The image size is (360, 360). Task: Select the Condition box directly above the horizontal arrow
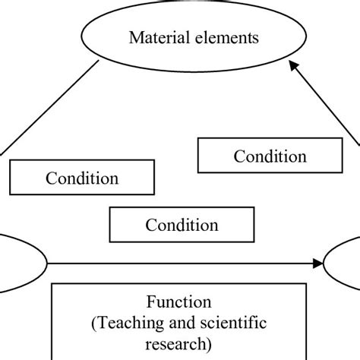(182, 225)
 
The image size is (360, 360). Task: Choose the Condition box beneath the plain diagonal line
(82, 178)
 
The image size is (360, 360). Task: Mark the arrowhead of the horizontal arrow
(317, 264)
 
